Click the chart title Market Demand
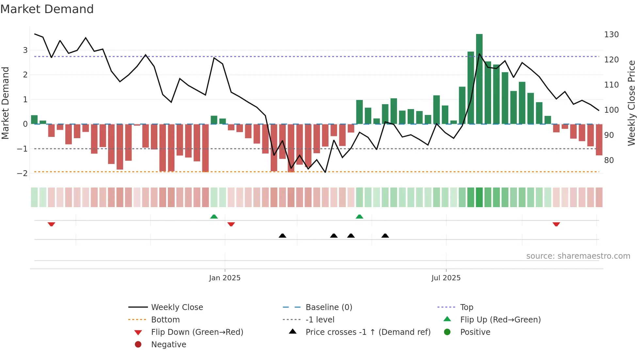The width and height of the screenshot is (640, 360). tap(47, 9)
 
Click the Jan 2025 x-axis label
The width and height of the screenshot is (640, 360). tap(225, 278)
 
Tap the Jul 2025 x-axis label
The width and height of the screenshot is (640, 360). tap(446, 278)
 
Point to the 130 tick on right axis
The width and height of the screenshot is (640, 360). tap(611, 35)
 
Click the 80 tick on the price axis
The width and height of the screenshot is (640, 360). tap(609, 160)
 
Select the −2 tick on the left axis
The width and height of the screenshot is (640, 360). tap(22, 173)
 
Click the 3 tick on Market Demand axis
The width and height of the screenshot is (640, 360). tap(25, 50)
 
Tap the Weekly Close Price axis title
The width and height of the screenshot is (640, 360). tap(632, 103)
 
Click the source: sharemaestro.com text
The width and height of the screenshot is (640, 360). tap(578, 256)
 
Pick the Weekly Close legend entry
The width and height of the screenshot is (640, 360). tap(177, 307)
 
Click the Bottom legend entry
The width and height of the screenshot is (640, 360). tap(165, 320)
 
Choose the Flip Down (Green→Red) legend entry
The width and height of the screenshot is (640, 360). tap(197, 332)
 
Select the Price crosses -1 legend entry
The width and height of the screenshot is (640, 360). tap(368, 332)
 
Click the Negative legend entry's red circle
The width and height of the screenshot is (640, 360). tap(138, 345)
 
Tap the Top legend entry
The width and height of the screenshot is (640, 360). tap(466, 307)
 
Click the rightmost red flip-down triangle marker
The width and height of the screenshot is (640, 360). tap(556, 224)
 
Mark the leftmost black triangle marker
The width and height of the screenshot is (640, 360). tap(282, 236)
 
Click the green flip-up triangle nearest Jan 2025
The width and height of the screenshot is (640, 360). tap(214, 217)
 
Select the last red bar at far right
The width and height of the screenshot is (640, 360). tap(599, 139)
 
